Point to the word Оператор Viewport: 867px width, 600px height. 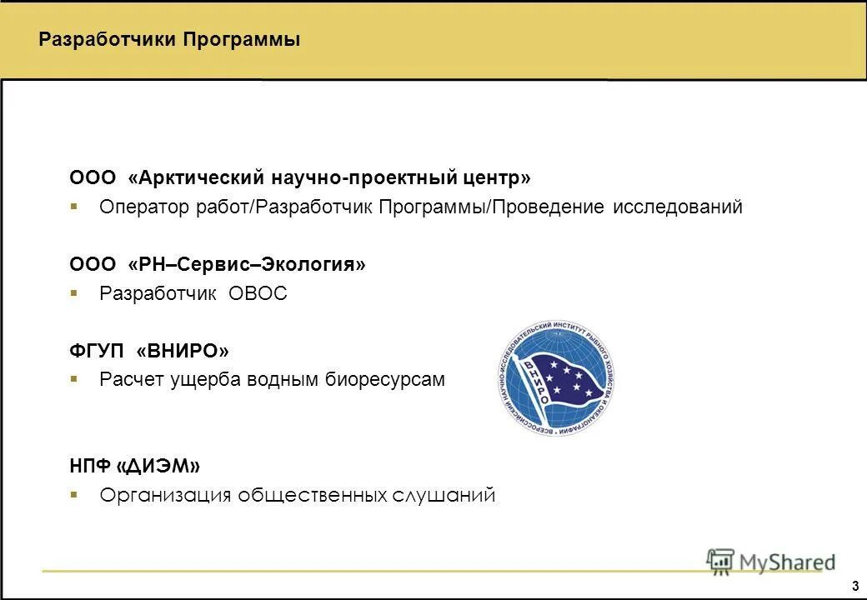(x=145, y=207)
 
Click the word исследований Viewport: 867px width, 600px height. (x=677, y=207)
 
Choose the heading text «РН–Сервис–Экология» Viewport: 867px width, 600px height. (x=247, y=264)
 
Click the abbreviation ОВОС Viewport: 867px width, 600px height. (x=258, y=293)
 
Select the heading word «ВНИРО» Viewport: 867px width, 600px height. (x=182, y=350)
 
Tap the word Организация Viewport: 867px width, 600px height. (x=165, y=495)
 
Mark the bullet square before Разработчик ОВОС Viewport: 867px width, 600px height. (x=73, y=292)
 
